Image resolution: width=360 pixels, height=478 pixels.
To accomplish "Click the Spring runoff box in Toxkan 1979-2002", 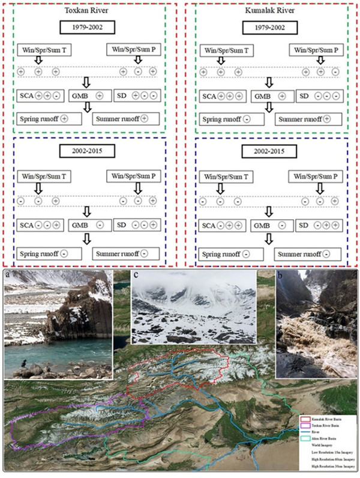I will tap(50, 118).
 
